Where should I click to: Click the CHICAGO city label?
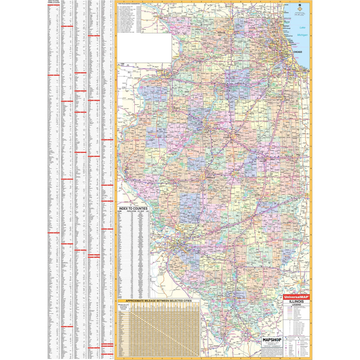(x=297, y=52)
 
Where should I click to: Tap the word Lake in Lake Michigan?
(x=302, y=28)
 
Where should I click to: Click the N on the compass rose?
(x=299, y=4)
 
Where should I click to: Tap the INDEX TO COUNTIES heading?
(x=133, y=208)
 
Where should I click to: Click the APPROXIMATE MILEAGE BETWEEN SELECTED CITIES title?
(x=158, y=300)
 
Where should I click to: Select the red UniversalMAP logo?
(x=296, y=297)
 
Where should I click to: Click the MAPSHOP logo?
(x=271, y=339)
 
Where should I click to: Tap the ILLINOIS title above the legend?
(x=296, y=302)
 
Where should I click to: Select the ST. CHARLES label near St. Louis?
(x=158, y=237)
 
